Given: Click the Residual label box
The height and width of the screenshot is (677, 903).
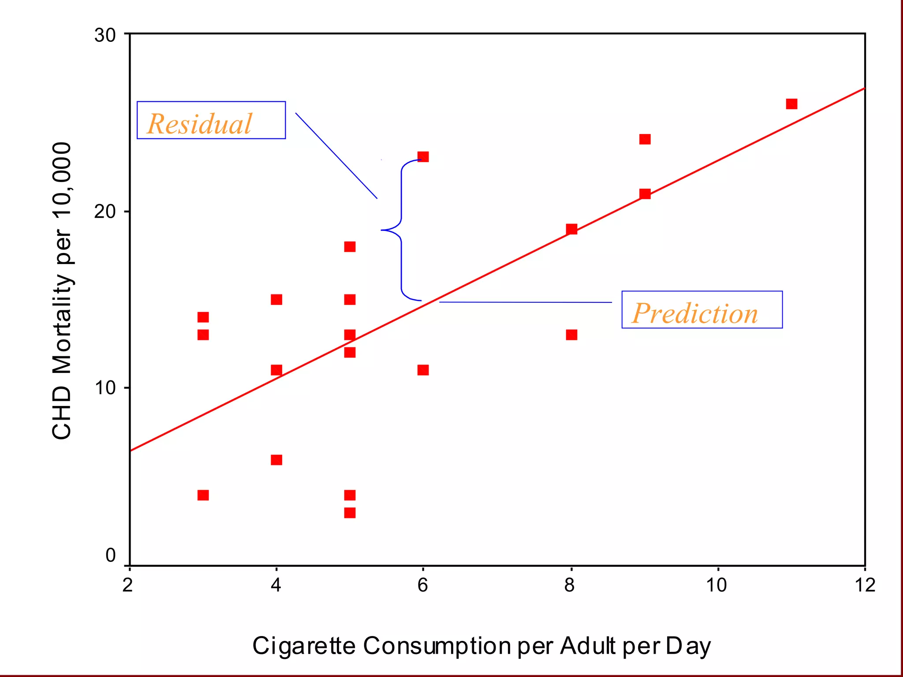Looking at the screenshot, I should tap(211, 120).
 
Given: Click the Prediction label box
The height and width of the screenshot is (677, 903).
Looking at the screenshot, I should tap(702, 310).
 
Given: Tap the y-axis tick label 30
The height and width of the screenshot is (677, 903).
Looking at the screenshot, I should tap(105, 35).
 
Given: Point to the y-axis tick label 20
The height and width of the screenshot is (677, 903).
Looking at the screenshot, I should tap(105, 212).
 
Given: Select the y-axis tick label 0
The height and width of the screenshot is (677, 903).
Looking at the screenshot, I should tap(111, 555).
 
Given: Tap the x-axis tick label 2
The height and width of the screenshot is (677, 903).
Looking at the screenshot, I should tap(128, 585).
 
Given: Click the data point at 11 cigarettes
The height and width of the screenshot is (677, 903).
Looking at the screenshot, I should tap(791, 104).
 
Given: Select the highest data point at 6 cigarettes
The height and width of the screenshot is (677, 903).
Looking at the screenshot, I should tap(423, 157).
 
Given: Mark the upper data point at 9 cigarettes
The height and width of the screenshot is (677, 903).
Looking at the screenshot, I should tap(645, 139).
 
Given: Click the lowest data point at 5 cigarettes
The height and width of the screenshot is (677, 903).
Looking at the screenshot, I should tap(350, 513).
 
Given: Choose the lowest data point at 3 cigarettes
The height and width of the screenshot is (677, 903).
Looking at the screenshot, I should tap(203, 495).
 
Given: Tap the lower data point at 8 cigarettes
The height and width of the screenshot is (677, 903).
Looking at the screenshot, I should tap(571, 335).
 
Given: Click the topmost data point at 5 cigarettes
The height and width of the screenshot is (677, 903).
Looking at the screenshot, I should tap(350, 247).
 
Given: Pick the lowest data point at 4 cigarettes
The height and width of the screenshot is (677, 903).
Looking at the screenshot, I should tap(276, 460).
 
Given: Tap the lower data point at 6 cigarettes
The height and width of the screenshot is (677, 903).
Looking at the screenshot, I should tap(423, 370).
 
